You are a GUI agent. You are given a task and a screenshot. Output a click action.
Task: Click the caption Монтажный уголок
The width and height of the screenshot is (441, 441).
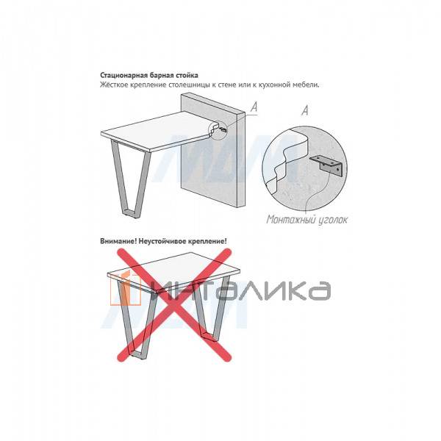(307, 219)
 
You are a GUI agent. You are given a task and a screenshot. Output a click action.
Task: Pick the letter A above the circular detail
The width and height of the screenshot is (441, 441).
(305, 110)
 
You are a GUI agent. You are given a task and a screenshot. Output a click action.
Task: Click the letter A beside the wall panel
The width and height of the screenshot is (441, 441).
(254, 107)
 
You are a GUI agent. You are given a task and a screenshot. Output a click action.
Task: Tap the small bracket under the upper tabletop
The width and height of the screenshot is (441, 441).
(223, 129)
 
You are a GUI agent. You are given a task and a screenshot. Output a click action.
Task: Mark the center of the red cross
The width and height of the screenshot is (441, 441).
(174, 304)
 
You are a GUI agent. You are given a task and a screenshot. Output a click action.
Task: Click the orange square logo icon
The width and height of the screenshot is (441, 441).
(126, 287)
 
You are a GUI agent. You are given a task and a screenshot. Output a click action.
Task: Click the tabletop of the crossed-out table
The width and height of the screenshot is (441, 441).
(173, 272)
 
